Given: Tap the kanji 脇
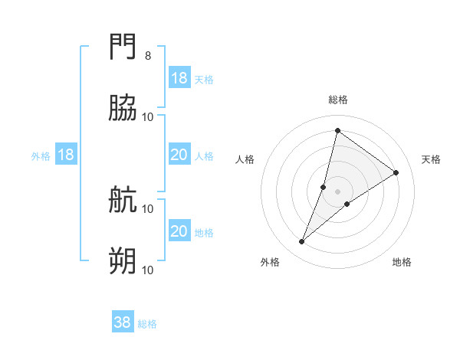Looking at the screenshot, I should pyautogui.click(x=123, y=108).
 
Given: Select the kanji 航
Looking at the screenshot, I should pyautogui.click(x=123, y=200).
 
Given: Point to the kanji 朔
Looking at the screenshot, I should pyautogui.click(x=123, y=261).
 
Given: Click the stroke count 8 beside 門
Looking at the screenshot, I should pyautogui.click(x=147, y=56).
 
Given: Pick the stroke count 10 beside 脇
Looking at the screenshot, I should pyautogui.click(x=148, y=116).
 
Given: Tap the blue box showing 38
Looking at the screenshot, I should pyautogui.click(x=123, y=322).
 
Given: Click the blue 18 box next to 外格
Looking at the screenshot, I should pyautogui.click(x=66, y=155).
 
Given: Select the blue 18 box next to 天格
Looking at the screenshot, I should pyautogui.click(x=179, y=78).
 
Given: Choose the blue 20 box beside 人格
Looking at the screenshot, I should pyautogui.click(x=179, y=155).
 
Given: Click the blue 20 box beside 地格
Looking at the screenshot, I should pyautogui.click(x=179, y=231).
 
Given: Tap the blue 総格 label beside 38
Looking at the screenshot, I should pyautogui.click(x=147, y=324).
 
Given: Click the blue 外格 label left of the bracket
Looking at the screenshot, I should pyautogui.click(x=41, y=155).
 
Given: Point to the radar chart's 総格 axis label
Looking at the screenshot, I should pyautogui.click(x=338, y=100).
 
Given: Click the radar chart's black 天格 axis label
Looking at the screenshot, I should pyautogui.click(x=431, y=159).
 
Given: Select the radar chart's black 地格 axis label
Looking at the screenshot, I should pyautogui.click(x=402, y=262).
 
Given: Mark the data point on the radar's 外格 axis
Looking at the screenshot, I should pyautogui.click(x=302, y=242).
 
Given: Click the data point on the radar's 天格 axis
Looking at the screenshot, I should pyautogui.click(x=396, y=172).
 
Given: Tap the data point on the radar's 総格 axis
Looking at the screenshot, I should pyautogui.click(x=337, y=130).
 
